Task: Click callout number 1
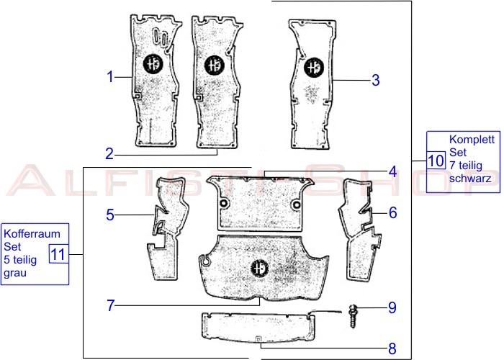110,77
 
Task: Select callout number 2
109,154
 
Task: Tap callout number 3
375,80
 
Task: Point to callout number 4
393,172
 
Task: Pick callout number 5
110,215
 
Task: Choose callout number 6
393,213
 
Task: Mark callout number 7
111,305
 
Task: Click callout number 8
392,348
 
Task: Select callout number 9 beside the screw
392,307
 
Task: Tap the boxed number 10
436,161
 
